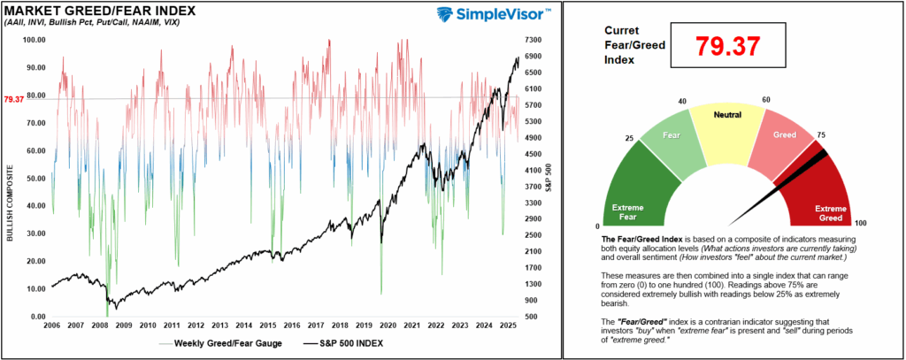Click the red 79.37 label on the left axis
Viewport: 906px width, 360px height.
(14, 99)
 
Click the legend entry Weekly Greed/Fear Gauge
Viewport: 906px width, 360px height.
(226, 343)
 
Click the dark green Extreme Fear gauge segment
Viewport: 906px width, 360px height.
(633, 190)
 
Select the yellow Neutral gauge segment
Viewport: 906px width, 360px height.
(727, 128)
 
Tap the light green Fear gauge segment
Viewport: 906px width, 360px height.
(668, 142)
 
